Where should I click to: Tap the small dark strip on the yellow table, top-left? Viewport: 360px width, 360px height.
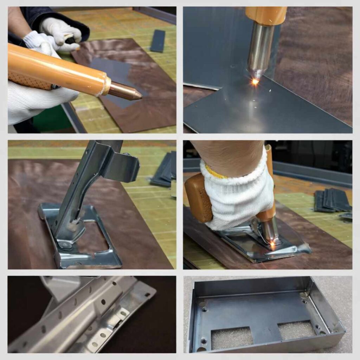(x=158, y=41)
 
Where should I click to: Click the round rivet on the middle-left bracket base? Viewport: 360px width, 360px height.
(x=65, y=245)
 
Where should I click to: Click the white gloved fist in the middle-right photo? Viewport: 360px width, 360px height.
(x=239, y=197)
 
